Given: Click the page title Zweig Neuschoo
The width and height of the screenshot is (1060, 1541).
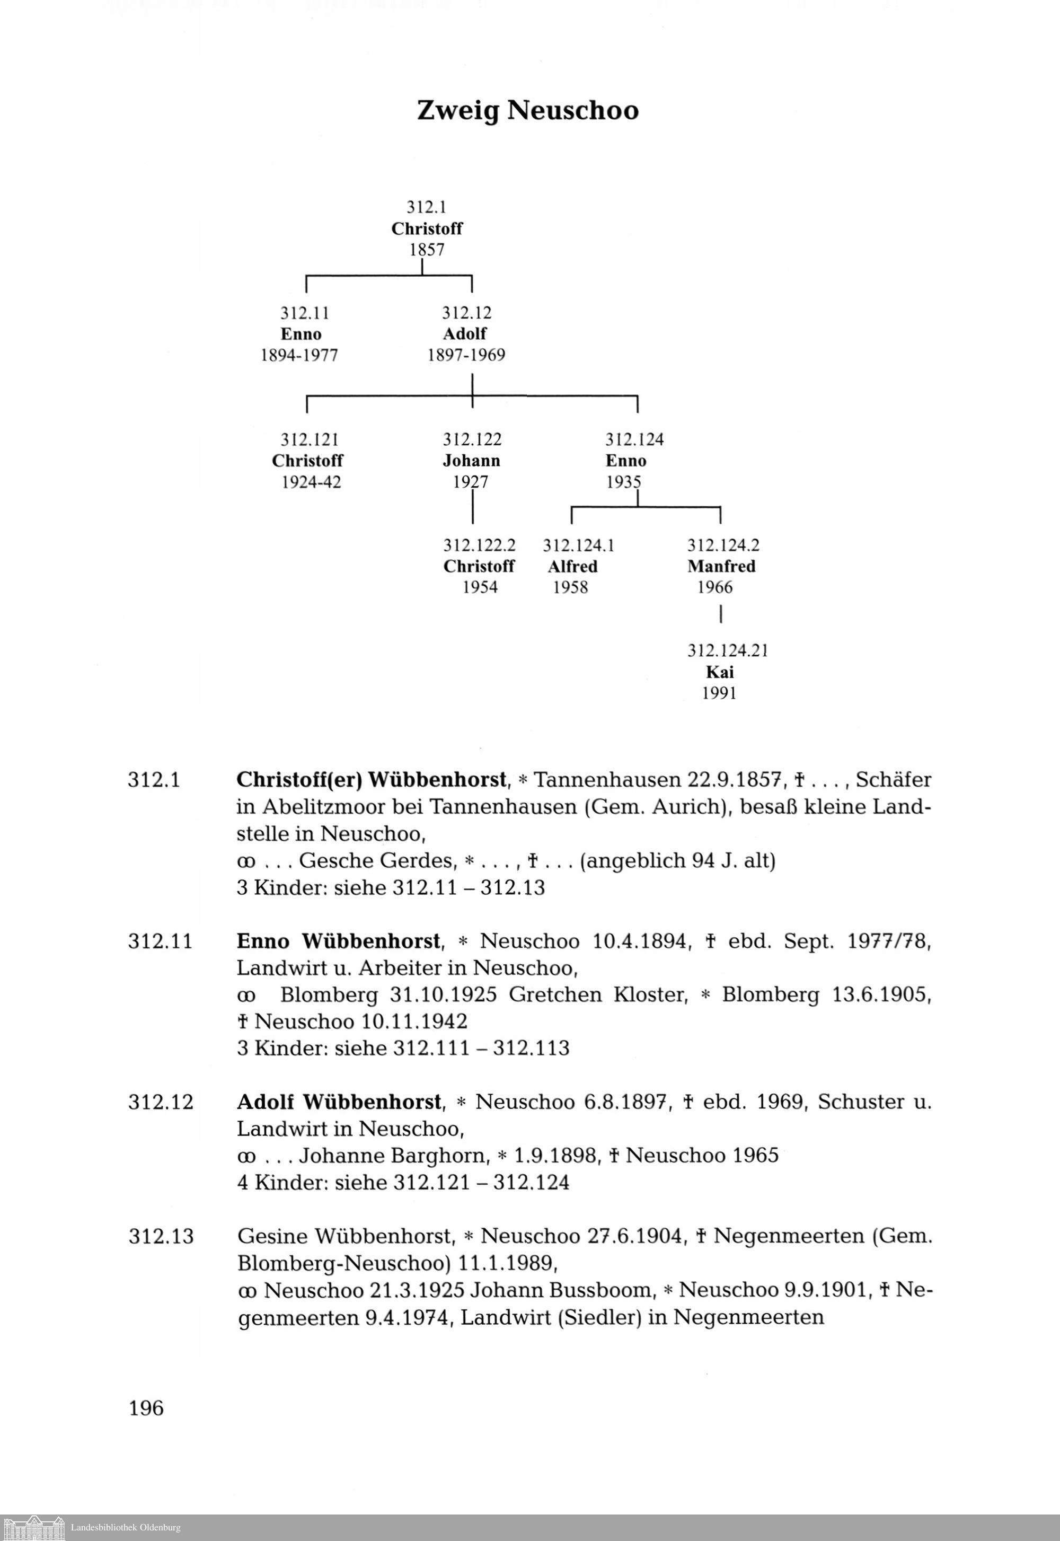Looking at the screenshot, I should point(527,110).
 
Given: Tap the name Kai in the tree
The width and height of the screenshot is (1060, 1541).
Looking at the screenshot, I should point(719,672).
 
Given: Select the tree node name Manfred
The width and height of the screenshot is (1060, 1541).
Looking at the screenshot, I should point(721,566).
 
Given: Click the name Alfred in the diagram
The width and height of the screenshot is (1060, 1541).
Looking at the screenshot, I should point(572,566).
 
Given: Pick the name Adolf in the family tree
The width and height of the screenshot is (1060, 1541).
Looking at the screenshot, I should point(464,333).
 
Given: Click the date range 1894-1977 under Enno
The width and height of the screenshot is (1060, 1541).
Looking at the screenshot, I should point(299,355).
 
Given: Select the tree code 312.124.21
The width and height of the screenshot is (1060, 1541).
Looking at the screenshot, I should point(727,650).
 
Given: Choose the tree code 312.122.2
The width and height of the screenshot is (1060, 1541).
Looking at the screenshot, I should point(479,545).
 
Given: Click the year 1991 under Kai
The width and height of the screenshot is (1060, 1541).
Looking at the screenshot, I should point(719,693).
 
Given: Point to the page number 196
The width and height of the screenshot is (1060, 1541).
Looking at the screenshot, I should point(146,1407).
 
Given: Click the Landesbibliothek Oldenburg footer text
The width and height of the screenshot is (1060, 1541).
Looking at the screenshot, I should point(126,1527).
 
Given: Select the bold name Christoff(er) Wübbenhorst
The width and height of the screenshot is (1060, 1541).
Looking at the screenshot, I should point(372,779).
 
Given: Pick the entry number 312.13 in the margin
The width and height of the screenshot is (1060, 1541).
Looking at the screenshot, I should point(161,1236).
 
